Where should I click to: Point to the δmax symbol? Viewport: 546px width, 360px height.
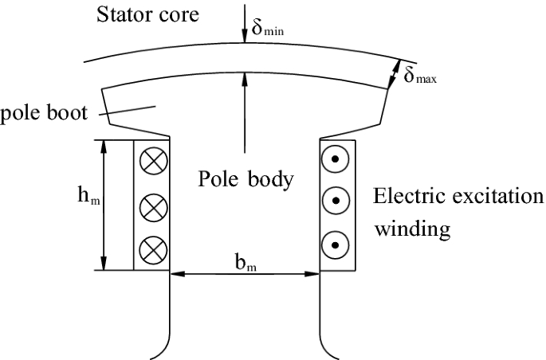click(420, 77)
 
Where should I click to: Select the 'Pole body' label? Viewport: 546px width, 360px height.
click(245, 178)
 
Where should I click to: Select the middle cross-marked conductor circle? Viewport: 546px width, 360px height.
click(151, 207)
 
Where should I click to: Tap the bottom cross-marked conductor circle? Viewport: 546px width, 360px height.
click(151, 250)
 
